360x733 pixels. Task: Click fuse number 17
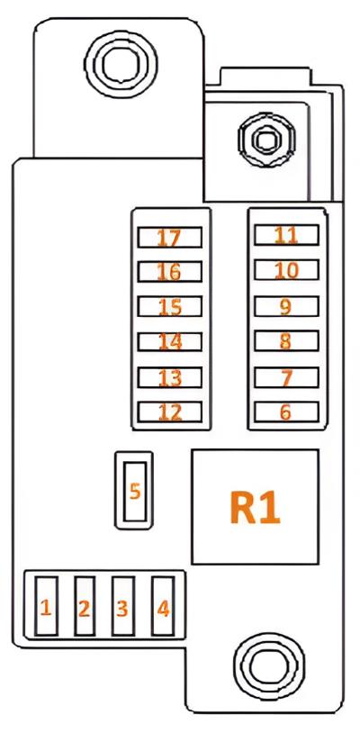170,237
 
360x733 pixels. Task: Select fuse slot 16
170,271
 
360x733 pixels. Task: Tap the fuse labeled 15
170,306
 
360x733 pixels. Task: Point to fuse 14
170,341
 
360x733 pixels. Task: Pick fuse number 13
170,376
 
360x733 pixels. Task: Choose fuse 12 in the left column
170,412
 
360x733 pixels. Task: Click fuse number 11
287,235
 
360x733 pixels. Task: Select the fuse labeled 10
287,270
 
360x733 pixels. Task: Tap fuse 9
287,306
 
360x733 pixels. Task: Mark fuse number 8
287,340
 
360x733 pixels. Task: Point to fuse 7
287,376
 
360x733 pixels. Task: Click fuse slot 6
287,412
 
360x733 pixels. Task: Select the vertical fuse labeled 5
135,492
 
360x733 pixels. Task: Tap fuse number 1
46,606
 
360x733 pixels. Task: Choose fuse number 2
85,606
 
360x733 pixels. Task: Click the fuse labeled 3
122,606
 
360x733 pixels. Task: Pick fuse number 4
163,606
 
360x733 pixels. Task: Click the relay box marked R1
256,507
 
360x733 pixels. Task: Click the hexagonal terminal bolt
267,139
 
